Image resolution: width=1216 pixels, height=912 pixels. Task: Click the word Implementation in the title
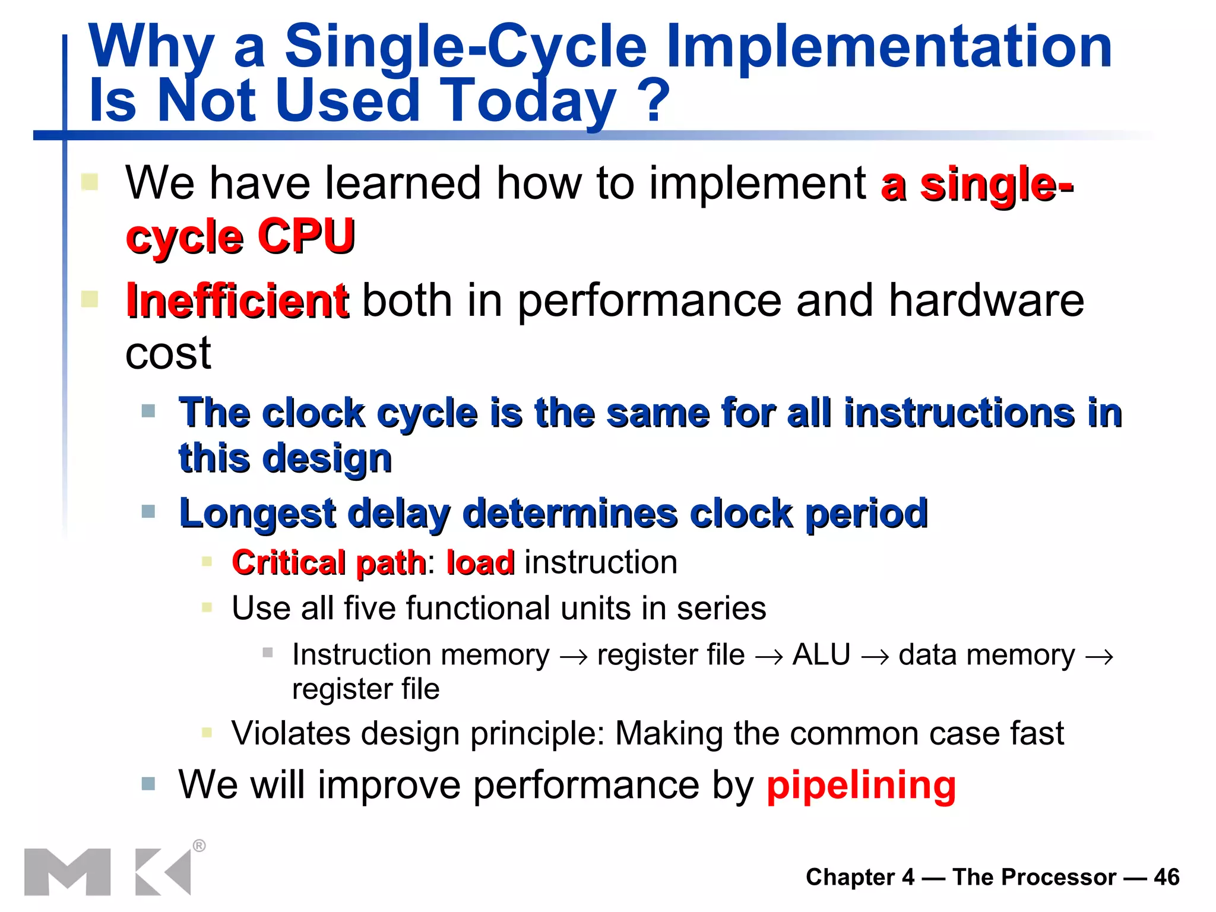click(x=889, y=47)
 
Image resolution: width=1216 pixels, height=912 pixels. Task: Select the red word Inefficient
click(x=237, y=300)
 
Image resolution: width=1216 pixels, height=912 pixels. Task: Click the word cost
click(x=168, y=354)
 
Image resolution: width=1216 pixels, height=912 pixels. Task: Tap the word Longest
click(x=256, y=514)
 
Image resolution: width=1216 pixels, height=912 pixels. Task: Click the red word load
click(x=480, y=562)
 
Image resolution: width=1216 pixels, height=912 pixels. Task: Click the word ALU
click(x=821, y=655)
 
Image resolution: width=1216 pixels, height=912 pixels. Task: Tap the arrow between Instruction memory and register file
click(x=574, y=657)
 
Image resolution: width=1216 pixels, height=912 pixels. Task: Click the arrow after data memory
click(x=1098, y=657)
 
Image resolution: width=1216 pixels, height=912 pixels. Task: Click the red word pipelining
click(x=861, y=786)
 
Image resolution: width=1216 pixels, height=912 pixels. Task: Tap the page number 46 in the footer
click(x=1166, y=877)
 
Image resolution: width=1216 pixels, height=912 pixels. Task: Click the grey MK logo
click(x=107, y=871)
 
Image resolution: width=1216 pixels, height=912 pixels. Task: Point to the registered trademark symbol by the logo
click(x=199, y=845)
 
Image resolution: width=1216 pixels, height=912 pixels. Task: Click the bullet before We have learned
click(x=90, y=181)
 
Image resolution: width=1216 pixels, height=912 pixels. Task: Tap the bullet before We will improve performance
click(x=148, y=784)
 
